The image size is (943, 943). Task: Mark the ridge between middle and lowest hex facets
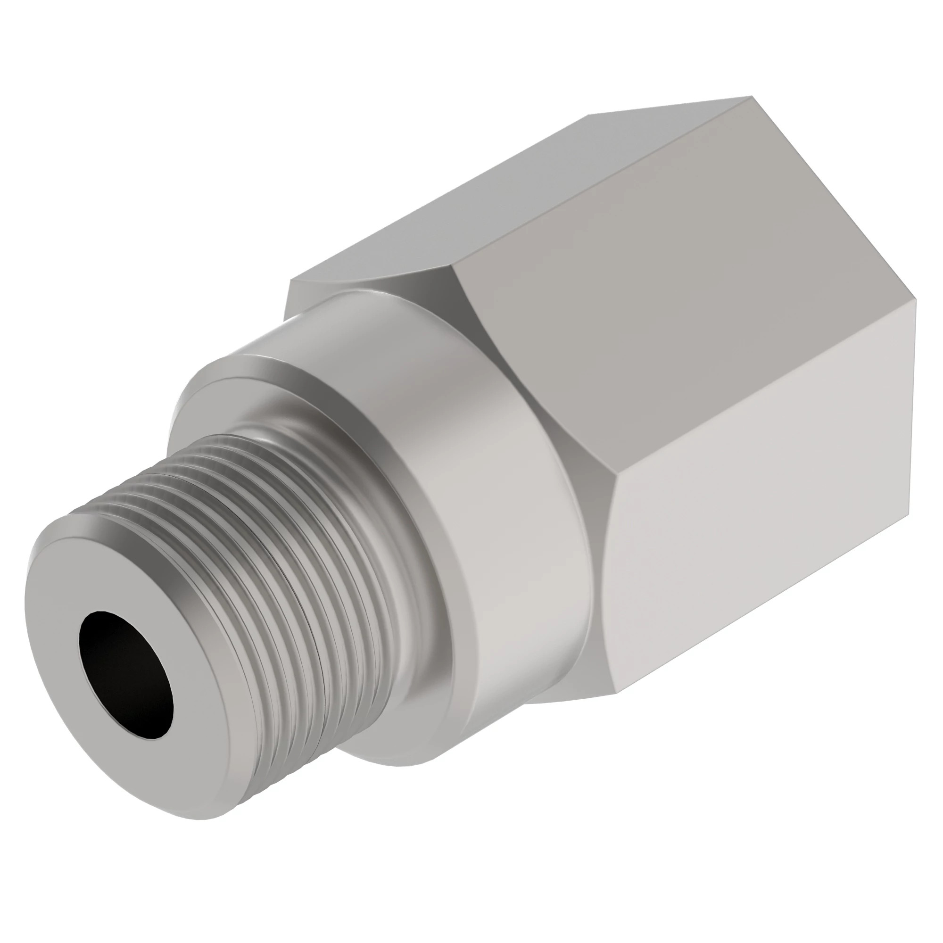coord(761,390)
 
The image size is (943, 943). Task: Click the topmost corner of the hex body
coord(750,97)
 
